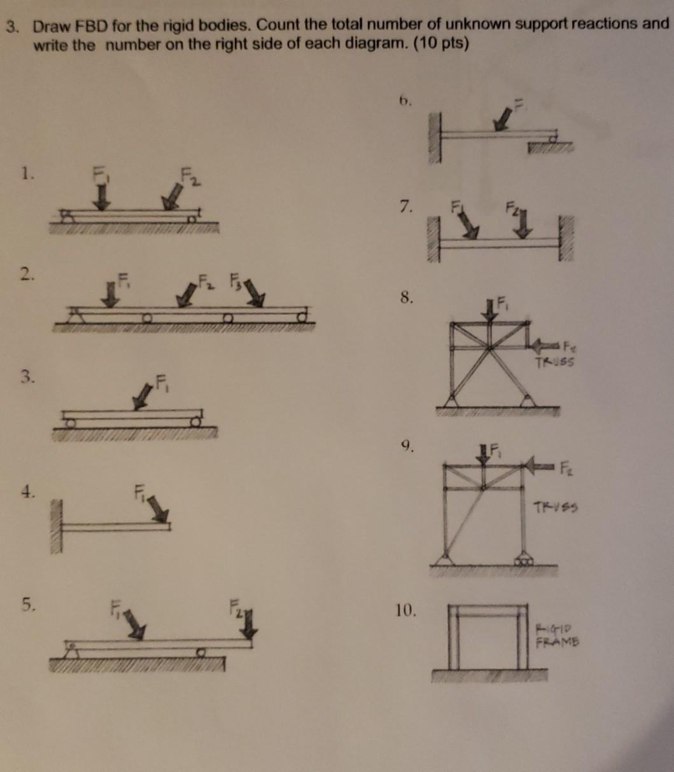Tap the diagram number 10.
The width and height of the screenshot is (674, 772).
tap(407, 612)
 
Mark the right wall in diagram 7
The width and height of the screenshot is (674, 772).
tap(566, 238)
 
